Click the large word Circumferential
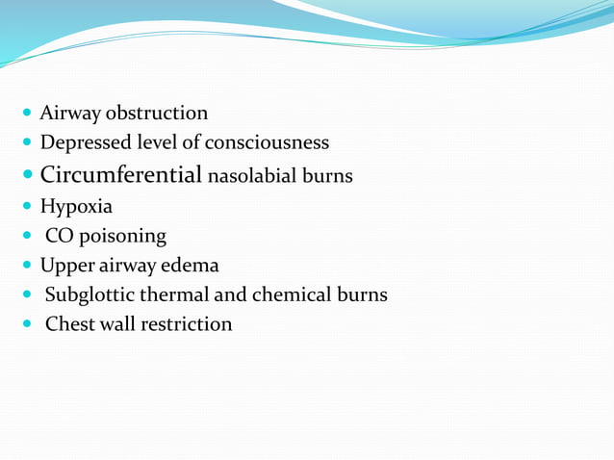(121, 175)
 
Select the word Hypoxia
(76, 206)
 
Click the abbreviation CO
(60, 236)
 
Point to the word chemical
(290, 294)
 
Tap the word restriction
(186, 323)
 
